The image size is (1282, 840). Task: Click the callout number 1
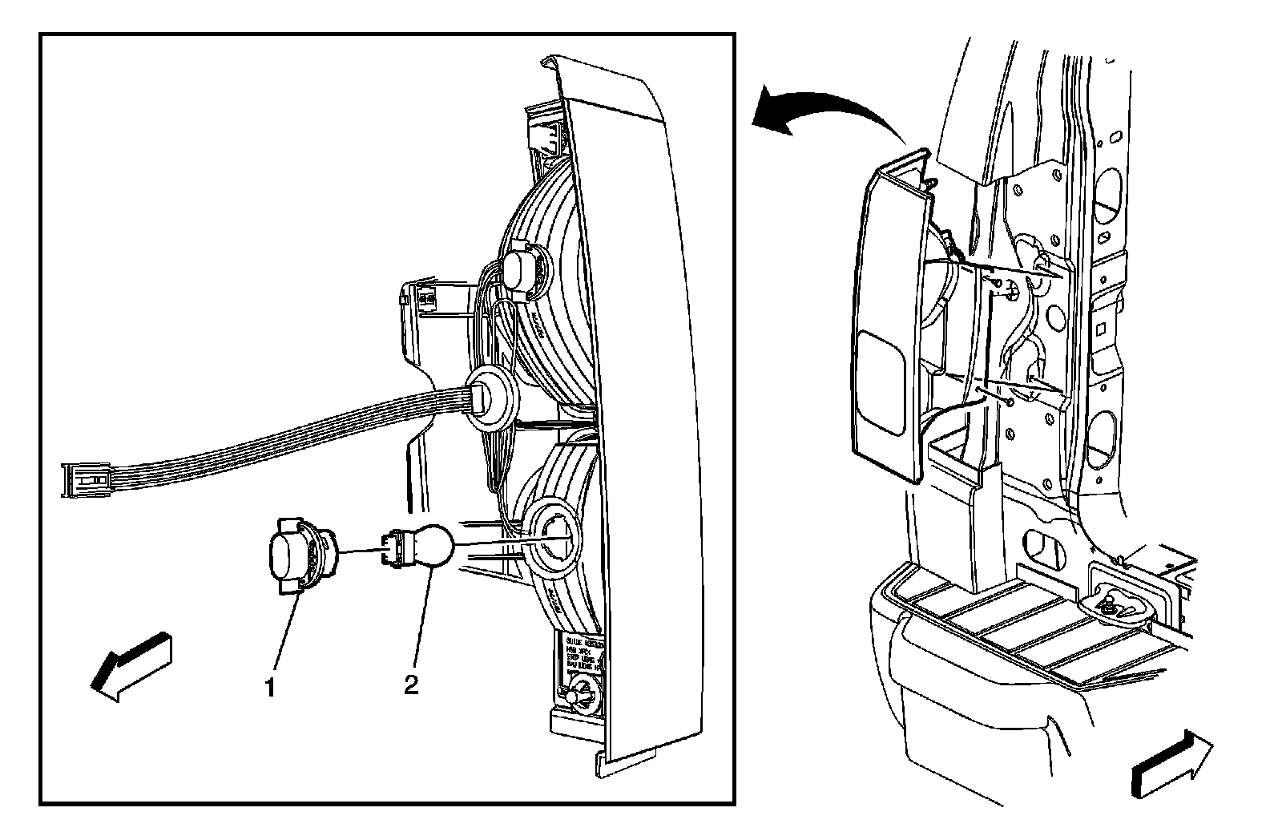271,687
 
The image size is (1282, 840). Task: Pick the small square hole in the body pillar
1103,327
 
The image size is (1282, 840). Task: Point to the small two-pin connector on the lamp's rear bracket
425,298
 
